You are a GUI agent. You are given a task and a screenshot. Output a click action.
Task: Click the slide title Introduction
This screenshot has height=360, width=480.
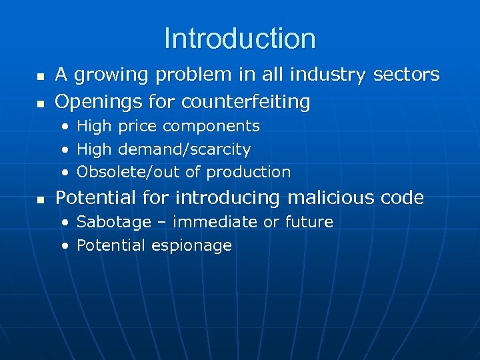239,39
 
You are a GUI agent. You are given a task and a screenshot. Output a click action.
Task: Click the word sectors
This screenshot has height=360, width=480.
406,75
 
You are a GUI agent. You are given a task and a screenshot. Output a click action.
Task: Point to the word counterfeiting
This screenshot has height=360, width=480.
246,102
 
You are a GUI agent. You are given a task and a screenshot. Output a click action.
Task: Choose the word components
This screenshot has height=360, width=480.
211,127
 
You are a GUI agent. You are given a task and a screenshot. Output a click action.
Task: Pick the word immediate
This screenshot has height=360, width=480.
215,222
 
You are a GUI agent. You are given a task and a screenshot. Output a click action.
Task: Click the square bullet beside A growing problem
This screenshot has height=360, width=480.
40,76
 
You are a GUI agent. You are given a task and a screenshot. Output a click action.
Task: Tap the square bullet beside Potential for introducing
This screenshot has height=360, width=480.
40,199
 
